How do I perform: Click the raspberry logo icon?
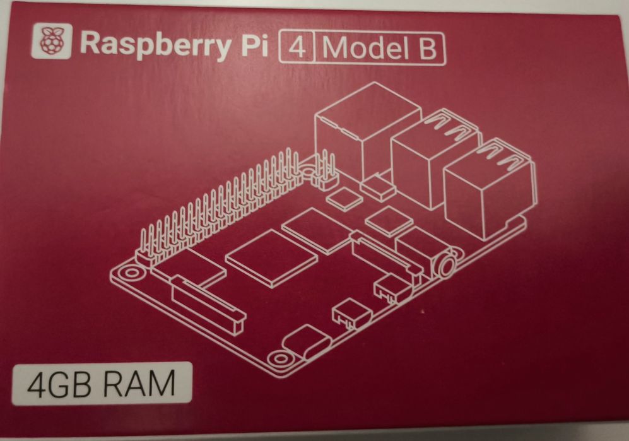click(x=52, y=41)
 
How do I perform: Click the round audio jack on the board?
click(x=447, y=265)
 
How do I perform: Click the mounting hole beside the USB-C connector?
click(x=280, y=358)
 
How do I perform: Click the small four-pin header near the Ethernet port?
click(x=325, y=170)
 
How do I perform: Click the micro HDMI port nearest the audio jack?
click(x=391, y=287)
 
